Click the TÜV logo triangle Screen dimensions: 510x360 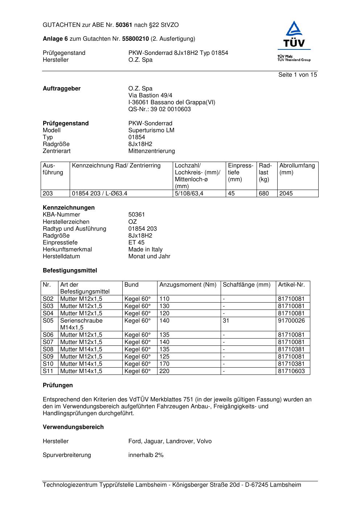[294, 29]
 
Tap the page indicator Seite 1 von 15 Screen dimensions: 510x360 [298, 75]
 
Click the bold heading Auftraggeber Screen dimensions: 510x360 [62, 89]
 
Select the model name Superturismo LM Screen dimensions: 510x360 [151, 130]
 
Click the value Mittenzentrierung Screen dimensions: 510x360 [151, 151]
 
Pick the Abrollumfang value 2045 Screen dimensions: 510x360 [286, 194]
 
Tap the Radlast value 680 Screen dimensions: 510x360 [264, 194]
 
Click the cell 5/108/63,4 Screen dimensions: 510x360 [189, 194]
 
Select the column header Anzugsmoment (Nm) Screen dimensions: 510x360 [188, 285]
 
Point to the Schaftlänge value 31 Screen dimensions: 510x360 [226, 321]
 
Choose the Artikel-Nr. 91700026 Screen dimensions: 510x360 [291, 321]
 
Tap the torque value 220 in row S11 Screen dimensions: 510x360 [164, 371]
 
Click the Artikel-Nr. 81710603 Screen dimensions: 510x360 [291, 371]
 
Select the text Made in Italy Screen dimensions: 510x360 [145, 250]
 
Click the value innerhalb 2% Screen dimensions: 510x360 [146, 455]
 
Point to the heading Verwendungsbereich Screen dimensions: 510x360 [73, 427]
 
